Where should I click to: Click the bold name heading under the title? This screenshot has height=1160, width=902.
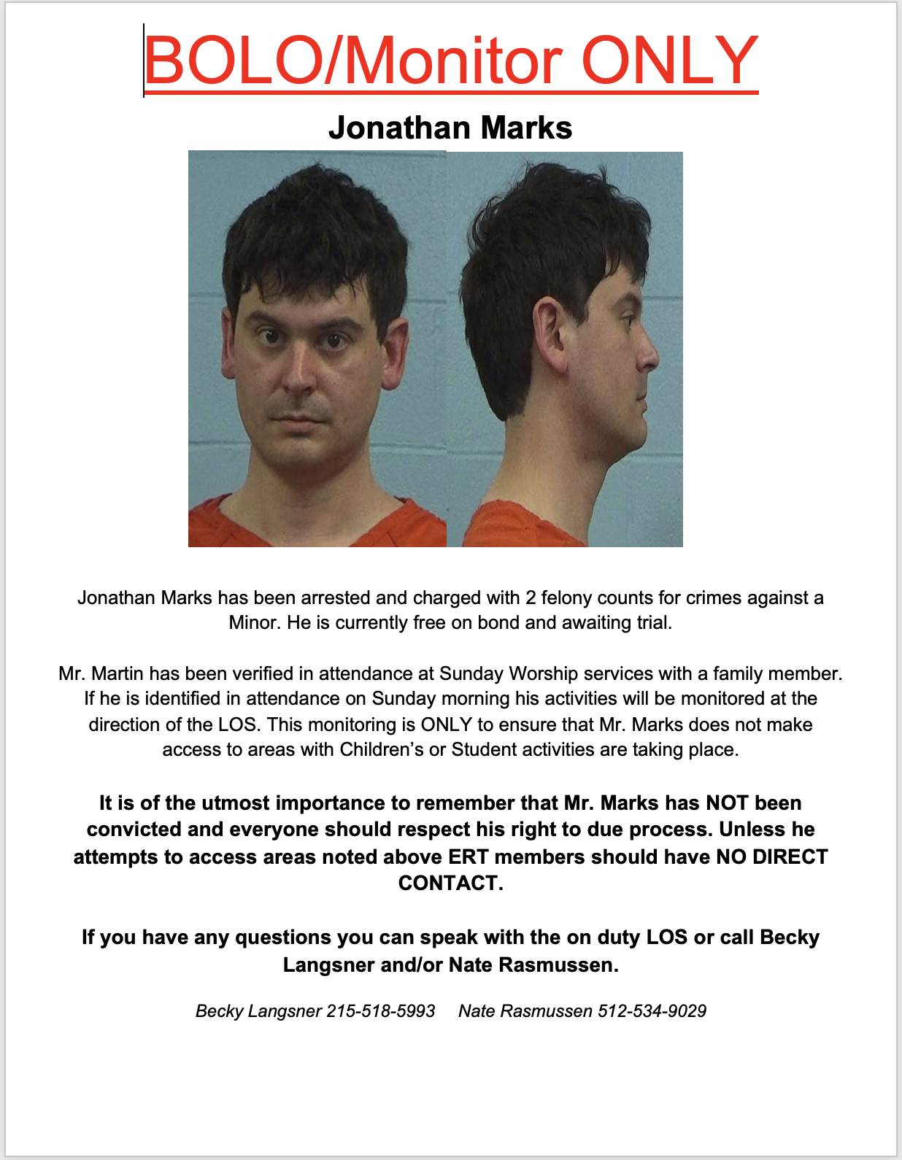(450, 128)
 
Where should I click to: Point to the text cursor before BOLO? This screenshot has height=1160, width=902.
(144, 60)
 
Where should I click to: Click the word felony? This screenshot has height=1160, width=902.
(566, 598)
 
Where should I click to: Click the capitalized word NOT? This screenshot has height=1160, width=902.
(727, 803)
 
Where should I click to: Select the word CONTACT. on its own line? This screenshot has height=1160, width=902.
(450, 883)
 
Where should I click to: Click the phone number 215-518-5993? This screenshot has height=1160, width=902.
(380, 1011)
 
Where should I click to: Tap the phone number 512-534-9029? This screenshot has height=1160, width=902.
(652, 1011)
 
